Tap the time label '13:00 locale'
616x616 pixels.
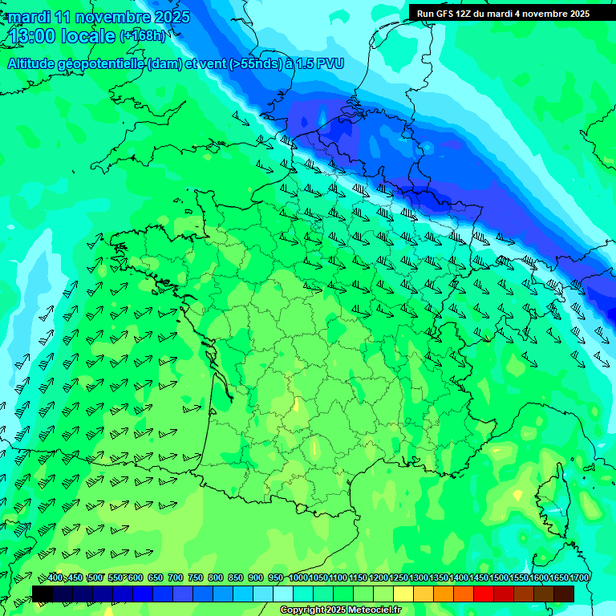pos(63,35)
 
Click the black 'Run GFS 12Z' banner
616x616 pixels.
pos(503,13)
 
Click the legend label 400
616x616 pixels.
pos(55,577)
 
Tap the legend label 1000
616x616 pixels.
pos(298,577)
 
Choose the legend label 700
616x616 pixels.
pos(176,577)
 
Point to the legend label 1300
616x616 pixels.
pos(419,577)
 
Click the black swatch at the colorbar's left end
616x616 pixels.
pos(43,594)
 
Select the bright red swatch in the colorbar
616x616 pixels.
pos(484,594)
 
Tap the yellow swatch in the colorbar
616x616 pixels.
pos(403,594)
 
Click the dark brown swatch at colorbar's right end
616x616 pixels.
pos(564,594)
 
